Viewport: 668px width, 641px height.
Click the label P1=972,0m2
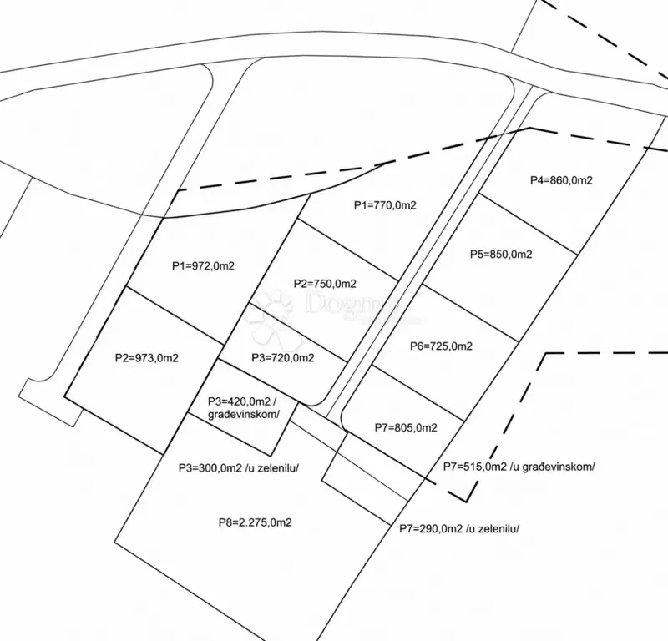[x=203, y=266]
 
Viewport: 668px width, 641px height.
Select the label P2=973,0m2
[x=147, y=358]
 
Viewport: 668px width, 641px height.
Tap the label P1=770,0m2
[x=385, y=205]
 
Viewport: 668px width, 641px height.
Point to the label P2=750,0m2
[x=325, y=284]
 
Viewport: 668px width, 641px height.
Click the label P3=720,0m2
[x=283, y=358]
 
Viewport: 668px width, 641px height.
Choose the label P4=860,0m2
[x=561, y=180]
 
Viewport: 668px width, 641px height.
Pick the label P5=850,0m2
[x=501, y=255]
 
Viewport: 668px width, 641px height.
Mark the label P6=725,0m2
[x=441, y=346]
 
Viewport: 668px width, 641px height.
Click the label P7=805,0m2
[x=406, y=427]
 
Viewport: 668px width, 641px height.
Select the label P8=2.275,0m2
[x=256, y=522]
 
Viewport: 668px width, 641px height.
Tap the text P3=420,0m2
[x=239, y=401]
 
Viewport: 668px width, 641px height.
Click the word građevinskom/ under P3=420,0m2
[x=244, y=415]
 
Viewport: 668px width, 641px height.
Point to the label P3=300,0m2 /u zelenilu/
[x=239, y=468]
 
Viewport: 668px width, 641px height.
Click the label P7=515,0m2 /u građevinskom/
[x=519, y=467]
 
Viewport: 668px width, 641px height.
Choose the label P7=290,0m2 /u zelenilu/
[x=459, y=529]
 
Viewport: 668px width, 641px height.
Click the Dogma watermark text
[x=352, y=304]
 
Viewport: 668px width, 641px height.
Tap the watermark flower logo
[x=275, y=316]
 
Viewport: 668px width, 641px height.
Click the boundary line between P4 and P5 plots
[x=529, y=224]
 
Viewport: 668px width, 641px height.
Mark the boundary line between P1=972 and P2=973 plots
[x=174, y=315]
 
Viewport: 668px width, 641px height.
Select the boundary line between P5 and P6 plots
[x=470, y=313]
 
